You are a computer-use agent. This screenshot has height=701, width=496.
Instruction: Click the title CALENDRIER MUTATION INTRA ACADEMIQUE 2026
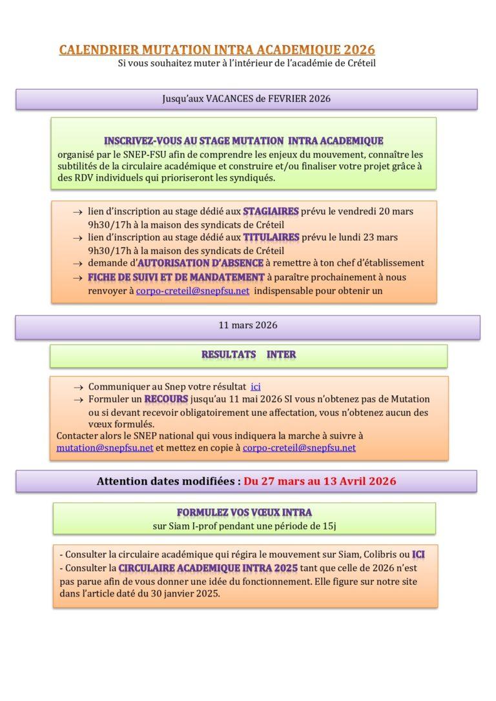click(x=217, y=50)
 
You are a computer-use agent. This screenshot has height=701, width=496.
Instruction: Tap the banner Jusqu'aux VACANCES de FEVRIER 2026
click(x=246, y=99)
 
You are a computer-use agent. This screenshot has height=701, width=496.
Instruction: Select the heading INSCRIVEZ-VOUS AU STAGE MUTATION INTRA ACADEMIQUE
click(x=243, y=141)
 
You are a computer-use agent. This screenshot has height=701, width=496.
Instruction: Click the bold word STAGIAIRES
click(x=271, y=211)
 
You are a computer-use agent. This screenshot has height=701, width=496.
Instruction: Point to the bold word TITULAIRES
click(x=271, y=237)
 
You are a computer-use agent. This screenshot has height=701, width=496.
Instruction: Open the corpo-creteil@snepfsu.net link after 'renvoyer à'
click(x=192, y=291)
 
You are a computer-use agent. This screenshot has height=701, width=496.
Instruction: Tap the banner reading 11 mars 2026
click(x=247, y=325)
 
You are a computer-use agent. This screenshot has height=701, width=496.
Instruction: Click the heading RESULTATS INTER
click(x=249, y=355)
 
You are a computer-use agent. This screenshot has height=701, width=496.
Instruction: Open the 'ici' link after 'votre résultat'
click(x=255, y=386)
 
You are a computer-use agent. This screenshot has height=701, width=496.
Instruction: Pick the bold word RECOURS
click(x=166, y=399)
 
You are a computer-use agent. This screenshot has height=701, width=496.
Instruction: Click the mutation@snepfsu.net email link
click(x=105, y=448)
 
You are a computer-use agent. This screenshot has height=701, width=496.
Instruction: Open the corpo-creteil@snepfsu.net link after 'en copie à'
click(x=299, y=448)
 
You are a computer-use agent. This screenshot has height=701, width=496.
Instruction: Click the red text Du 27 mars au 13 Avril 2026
click(x=320, y=481)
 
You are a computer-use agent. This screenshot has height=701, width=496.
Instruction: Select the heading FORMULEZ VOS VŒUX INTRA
click(x=244, y=513)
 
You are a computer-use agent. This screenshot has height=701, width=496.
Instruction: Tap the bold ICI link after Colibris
click(x=418, y=554)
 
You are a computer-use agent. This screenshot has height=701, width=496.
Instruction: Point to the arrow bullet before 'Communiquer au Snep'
click(x=78, y=387)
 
